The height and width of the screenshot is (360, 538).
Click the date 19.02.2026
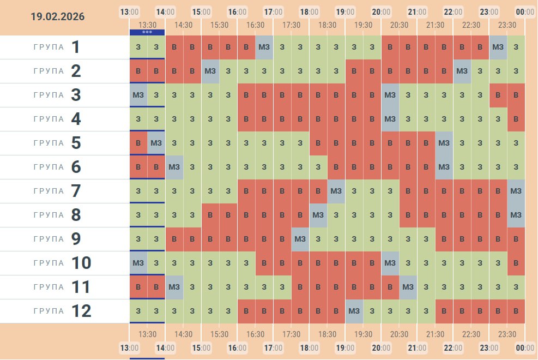click(x=58, y=17)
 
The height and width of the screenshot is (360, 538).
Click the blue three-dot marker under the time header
click(x=147, y=32)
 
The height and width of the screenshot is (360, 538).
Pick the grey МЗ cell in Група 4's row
click(x=390, y=119)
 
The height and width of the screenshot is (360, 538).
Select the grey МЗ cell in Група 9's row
click(x=300, y=239)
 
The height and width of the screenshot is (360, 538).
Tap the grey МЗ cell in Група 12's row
click(x=354, y=311)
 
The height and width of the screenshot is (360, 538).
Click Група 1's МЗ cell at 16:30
click(x=264, y=47)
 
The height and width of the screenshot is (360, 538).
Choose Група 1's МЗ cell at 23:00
click(x=498, y=47)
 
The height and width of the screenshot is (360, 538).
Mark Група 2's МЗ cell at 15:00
click(x=210, y=71)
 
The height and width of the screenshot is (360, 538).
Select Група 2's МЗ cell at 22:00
click(x=462, y=71)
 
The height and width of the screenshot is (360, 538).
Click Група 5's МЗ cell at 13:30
click(x=156, y=143)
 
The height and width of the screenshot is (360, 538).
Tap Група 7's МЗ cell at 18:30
click(x=336, y=191)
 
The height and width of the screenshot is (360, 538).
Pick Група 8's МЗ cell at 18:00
click(x=318, y=215)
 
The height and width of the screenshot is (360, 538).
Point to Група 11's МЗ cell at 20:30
click(x=408, y=287)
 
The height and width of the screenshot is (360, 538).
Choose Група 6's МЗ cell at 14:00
click(x=174, y=167)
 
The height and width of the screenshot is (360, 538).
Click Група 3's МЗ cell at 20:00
click(x=390, y=95)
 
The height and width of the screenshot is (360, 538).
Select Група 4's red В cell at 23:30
click(x=516, y=119)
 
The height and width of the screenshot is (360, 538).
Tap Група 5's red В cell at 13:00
click(x=138, y=143)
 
